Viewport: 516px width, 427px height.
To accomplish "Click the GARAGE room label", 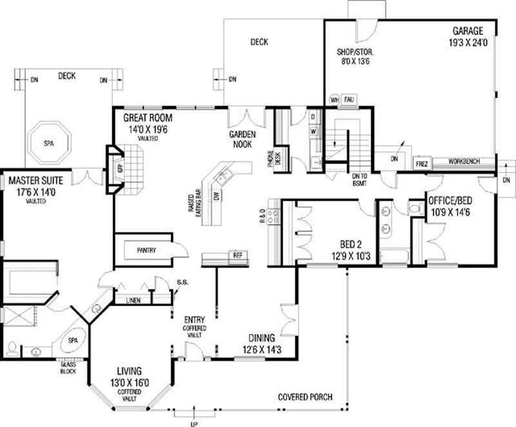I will pyautogui.click(x=468, y=30).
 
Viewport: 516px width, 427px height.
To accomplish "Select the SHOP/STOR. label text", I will pyautogui.click(x=355, y=52).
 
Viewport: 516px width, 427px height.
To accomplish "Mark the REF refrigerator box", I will pyautogui.click(x=237, y=256).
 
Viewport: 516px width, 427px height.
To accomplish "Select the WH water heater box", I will pyautogui.click(x=334, y=100).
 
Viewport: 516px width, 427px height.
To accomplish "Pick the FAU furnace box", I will pyautogui.click(x=349, y=100).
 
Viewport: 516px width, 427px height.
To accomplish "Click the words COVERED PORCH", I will pyautogui.click(x=305, y=397).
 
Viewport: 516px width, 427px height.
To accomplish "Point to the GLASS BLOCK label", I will pyautogui.click(x=68, y=368).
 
